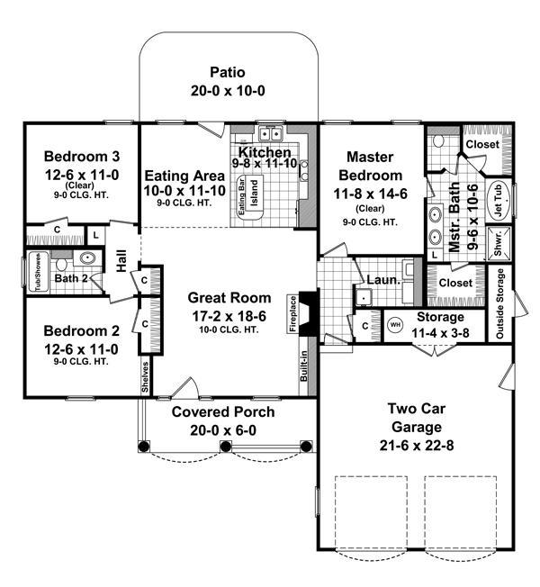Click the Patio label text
coord(229,71)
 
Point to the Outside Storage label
coord(501,303)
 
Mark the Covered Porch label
coord(224,412)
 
